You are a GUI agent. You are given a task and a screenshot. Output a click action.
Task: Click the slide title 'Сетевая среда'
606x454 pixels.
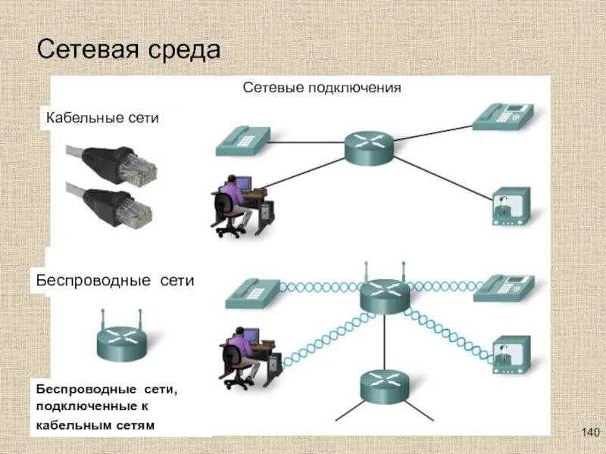(129, 51)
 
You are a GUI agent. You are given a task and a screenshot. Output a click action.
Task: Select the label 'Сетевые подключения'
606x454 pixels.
(321, 88)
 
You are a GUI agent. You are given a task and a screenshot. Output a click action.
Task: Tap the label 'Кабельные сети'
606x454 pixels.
(102, 117)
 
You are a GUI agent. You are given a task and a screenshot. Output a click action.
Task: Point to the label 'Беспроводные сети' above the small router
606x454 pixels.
(115, 281)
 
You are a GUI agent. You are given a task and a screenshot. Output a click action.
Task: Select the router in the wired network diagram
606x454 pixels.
(370, 148)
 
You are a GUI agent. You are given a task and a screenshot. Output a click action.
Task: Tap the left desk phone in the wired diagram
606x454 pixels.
(242, 141)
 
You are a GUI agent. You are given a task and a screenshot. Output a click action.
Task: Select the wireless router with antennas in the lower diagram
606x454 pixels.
(384, 294)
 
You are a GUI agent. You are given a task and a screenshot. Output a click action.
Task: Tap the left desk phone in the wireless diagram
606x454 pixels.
(252, 293)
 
